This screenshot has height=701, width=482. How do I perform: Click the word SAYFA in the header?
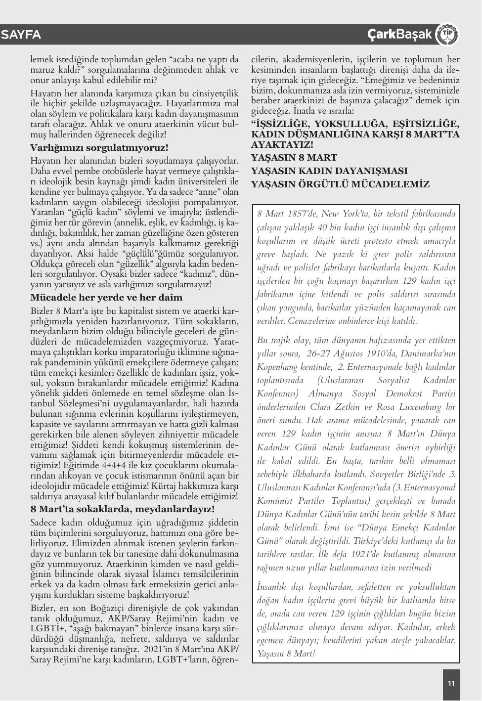[x=21, y=35]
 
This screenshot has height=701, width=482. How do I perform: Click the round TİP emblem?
[x=447, y=34]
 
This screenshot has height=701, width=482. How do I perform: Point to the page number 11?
[x=451, y=684]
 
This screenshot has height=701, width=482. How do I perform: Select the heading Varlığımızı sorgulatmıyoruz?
[x=99, y=147]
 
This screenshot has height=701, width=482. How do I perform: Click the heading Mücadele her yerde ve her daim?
[x=106, y=298]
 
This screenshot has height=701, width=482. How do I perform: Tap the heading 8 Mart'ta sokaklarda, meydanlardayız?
[x=123, y=509]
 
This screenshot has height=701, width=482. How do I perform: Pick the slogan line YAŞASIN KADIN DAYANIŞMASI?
[x=329, y=171]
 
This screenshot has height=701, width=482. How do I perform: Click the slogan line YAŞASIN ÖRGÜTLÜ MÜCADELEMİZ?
[x=340, y=184]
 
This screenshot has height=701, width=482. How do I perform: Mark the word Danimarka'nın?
[x=428, y=353]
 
